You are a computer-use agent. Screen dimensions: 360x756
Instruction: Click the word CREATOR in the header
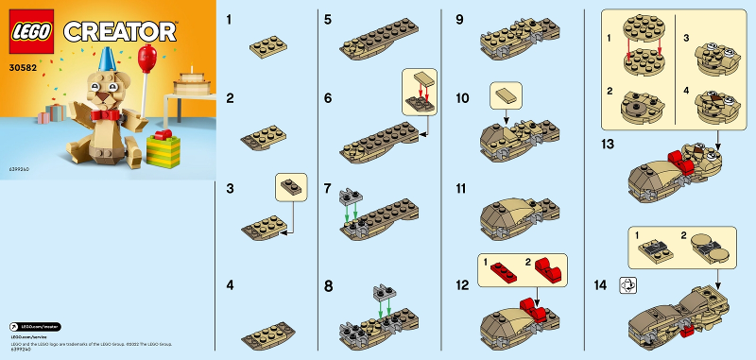coord(119,31)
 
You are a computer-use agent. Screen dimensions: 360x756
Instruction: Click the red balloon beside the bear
coord(146,58)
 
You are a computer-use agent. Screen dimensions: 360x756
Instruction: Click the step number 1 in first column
coord(232,19)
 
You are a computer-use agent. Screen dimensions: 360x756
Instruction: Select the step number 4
coord(232,283)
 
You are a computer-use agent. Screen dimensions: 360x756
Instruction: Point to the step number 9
coord(459,19)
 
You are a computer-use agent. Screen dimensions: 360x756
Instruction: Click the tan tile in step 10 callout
coord(505,94)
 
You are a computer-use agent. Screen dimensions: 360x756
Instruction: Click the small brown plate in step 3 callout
coord(292,186)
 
